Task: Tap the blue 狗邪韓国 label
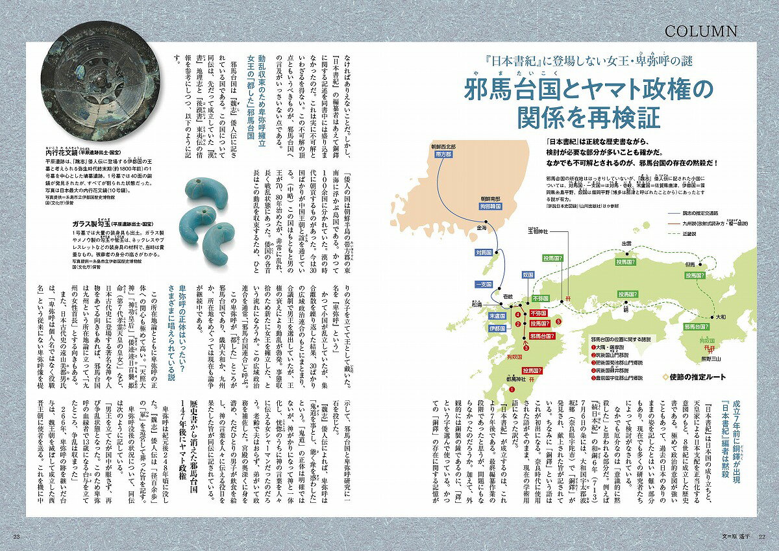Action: click(x=489, y=205)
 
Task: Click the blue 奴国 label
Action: click(x=528, y=274)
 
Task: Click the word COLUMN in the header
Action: click(x=700, y=31)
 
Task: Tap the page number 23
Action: click(x=18, y=535)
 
